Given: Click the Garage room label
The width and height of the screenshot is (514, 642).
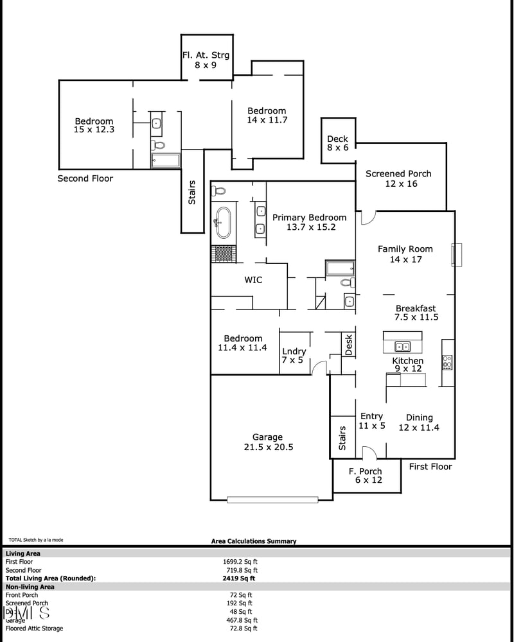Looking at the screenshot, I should (268, 442).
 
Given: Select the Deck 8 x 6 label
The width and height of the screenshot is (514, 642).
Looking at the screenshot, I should (337, 143).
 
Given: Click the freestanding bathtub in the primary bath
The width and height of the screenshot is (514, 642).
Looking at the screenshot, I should (223, 221).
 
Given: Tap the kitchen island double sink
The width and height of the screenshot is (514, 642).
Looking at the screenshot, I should (403, 347).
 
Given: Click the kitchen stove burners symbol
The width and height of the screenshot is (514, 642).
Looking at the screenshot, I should (447, 362).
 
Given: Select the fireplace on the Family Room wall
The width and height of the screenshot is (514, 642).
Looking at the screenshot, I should (456, 254).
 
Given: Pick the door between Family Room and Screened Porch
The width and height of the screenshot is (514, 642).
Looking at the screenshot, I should (367, 218).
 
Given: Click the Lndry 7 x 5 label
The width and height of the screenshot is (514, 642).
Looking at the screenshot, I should (294, 356).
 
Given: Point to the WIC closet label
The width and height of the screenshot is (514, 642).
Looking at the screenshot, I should (253, 280).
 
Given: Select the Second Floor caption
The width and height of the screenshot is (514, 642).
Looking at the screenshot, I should (85, 178).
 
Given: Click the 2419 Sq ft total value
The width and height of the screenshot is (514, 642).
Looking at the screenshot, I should (238, 578).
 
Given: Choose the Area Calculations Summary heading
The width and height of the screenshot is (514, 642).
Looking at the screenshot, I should (254, 541).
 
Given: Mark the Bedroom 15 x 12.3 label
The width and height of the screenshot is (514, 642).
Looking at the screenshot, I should (94, 125).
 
